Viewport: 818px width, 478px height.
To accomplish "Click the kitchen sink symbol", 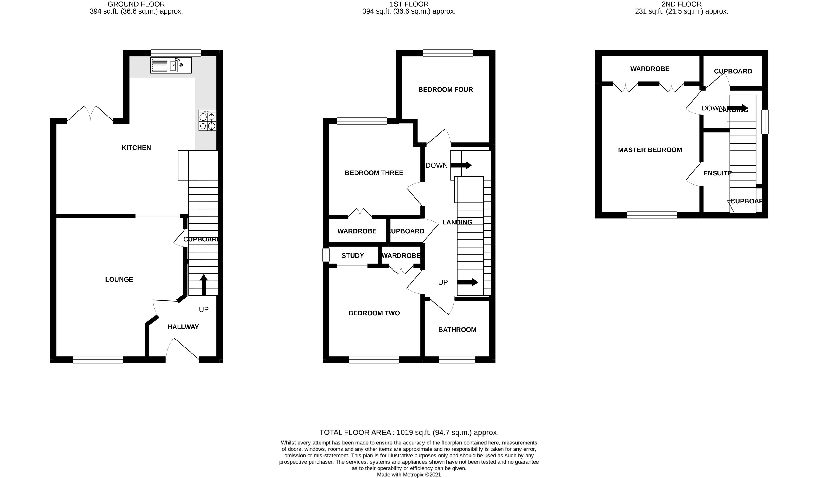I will pyautogui.click(x=171, y=65).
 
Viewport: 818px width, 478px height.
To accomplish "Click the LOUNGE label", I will pyautogui.click(x=119, y=279).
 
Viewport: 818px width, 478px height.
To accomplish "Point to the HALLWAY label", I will pyautogui.click(x=183, y=327).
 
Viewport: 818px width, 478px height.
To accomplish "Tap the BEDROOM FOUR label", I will pyautogui.click(x=445, y=89).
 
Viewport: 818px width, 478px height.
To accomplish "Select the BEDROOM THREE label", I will pyautogui.click(x=374, y=173).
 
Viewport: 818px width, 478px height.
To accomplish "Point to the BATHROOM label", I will pyautogui.click(x=457, y=330).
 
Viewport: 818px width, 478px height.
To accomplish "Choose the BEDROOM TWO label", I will pyautogui.click(x=374, y=313).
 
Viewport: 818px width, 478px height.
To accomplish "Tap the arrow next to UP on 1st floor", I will pyautogui.click(x=467, y=282).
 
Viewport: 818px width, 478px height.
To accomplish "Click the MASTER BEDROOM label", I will pyautogui.click(x=650, y=150).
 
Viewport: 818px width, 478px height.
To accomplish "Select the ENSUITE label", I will pyautogui.click(x=717, y=173).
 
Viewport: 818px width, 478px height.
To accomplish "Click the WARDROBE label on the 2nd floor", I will pyautogui.click(x=650, y=69).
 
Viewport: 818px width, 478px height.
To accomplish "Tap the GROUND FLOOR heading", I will pyautogui.click(x=136, y=4).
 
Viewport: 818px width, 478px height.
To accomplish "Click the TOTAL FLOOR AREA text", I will pyautogui.click(x=409, y=432).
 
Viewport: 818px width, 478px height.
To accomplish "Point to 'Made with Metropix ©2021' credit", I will pyautogui.click(x=409, y=475).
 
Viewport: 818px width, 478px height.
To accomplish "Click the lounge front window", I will pyautogui.click(x=98, y=359).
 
